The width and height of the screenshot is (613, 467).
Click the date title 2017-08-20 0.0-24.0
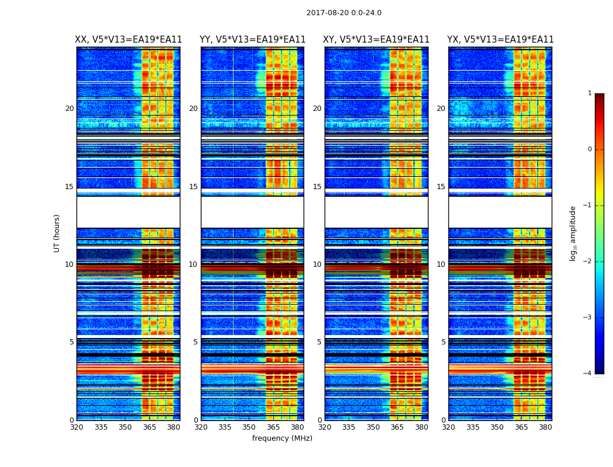click(x=344, y=13)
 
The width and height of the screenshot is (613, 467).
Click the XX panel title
click(x=128, y=40)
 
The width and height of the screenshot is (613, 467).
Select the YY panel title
click(x=252, y=40)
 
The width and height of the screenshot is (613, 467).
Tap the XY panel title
click(x=377, y=40)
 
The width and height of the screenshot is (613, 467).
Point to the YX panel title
click(x=500, y=40)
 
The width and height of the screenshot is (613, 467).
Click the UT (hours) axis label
click(x=57, y=233)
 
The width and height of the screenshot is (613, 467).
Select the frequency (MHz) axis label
click(x=282, y=438)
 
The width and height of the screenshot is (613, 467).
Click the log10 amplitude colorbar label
click(x=573, y=233)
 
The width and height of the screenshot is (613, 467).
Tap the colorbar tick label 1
click(x=590, y=93)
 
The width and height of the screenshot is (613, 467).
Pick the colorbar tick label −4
click(x=588, y=374)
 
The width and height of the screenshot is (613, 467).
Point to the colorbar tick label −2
click(x=588, y=262)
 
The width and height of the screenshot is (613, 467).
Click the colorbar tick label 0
click(x=590, y=149)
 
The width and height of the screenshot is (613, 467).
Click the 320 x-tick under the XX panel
click(x=76, y=427)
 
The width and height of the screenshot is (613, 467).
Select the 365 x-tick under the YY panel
click(x=273, y=427)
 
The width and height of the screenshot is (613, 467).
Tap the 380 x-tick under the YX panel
click(x=545, y=427)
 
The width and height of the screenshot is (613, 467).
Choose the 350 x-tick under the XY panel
click(x=373, y=427)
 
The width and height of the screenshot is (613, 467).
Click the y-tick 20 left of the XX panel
click(x=69, y=109)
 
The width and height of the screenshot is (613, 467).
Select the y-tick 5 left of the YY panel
click(x=196, y=342)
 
